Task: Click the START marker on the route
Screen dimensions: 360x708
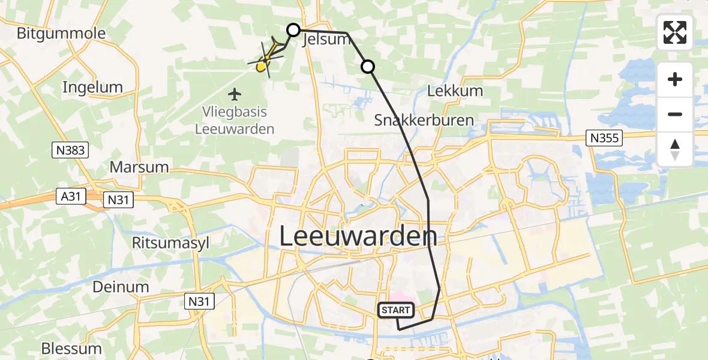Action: coord(396,310)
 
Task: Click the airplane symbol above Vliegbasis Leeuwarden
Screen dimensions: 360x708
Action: coord(235,94)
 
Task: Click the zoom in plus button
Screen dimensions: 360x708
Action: coord(675,80)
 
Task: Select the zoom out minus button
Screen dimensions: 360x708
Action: coord(675,114)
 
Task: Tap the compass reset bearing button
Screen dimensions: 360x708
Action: coord(675,149)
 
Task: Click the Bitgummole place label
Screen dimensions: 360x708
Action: coord(61,33)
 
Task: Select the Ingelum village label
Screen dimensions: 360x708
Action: coord(92,88)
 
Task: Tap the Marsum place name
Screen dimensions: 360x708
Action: coord(139,167)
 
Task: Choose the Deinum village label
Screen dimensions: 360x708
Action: coord(121,287)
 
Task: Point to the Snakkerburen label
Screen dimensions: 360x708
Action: coord(424,120)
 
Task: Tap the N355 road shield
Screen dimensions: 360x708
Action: coord(604,139)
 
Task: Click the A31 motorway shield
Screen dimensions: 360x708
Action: coord(71,196)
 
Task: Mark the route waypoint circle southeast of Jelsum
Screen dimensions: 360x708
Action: coord(367,67)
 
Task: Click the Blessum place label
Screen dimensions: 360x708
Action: coord(71,349)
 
